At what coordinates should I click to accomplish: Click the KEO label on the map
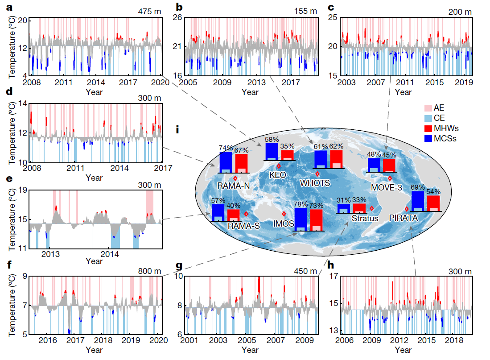277,175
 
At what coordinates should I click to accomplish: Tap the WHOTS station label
315,183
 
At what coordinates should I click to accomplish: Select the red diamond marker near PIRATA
407,209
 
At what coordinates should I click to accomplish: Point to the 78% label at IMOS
301,204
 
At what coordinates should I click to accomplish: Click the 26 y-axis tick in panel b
177,17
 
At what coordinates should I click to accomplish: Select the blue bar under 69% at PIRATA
418,201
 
